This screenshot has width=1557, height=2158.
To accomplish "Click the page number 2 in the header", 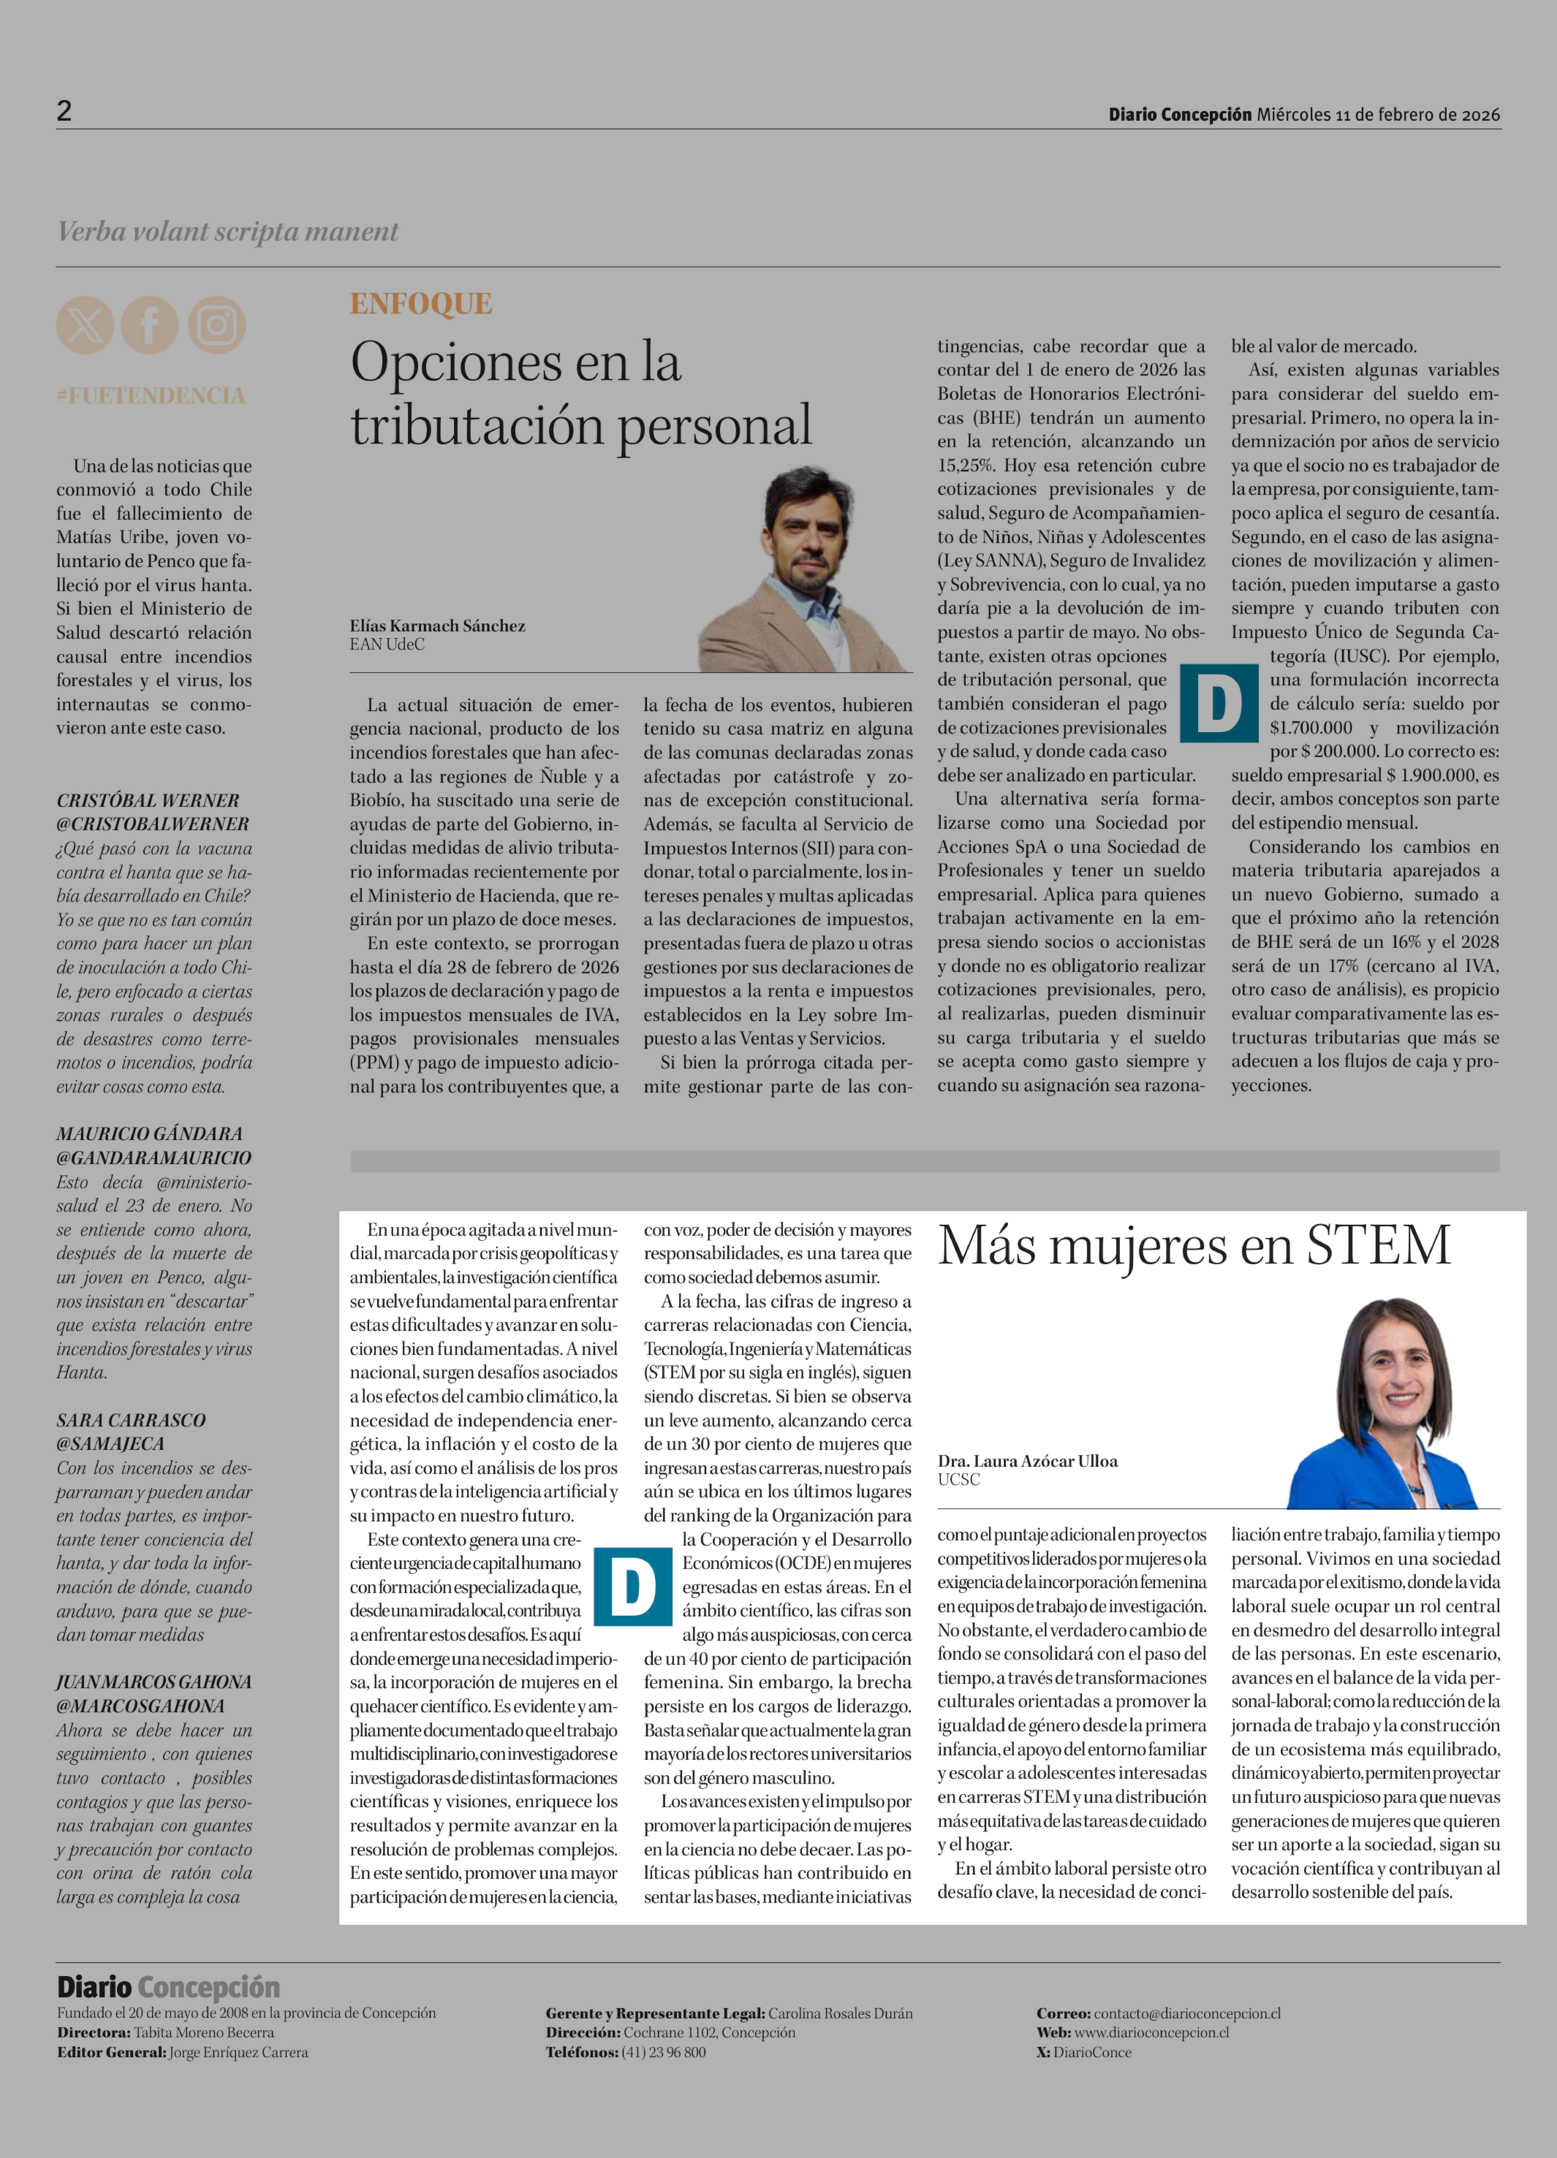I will tap(64, 111).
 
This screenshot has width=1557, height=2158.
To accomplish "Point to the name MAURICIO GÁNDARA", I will tap(149, 1133).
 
